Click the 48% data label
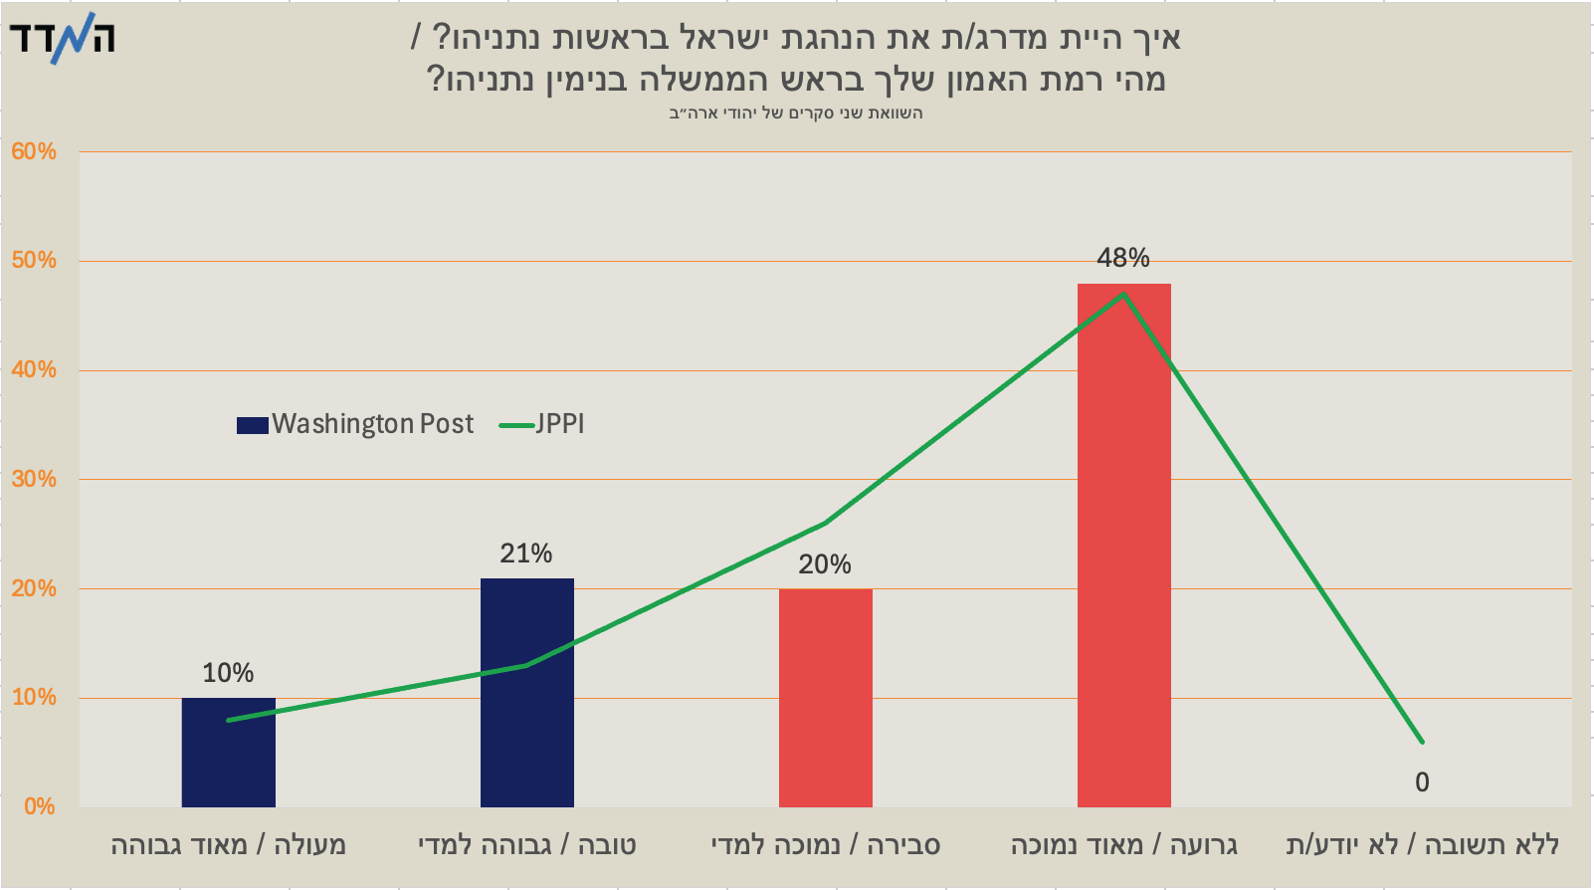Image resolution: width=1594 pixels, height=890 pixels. [1123, 258]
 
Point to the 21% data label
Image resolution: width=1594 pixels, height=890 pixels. [526, 554]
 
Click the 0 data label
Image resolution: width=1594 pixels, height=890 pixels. [1422, 782]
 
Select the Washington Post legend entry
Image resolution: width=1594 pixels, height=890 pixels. [355, 424]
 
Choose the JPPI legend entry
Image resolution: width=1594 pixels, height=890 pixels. [542, 424]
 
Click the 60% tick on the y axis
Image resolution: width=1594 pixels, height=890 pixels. [34, 151]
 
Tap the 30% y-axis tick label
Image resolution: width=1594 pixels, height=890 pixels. [34, 479]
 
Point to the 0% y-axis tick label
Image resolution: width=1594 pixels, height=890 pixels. [39, 806]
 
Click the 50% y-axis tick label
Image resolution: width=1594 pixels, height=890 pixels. [34, 261]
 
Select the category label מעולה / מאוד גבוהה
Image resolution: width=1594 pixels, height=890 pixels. [228, 845]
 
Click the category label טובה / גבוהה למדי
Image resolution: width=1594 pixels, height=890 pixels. [526, 845]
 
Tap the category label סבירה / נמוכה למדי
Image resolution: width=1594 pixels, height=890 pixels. [825, 845]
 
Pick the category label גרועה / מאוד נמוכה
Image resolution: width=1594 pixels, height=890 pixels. [1123, 845]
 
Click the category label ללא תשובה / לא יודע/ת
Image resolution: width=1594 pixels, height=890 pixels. [1422, 845]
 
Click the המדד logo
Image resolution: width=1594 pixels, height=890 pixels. [63, 39]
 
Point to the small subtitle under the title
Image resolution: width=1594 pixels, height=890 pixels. [796, 112]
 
